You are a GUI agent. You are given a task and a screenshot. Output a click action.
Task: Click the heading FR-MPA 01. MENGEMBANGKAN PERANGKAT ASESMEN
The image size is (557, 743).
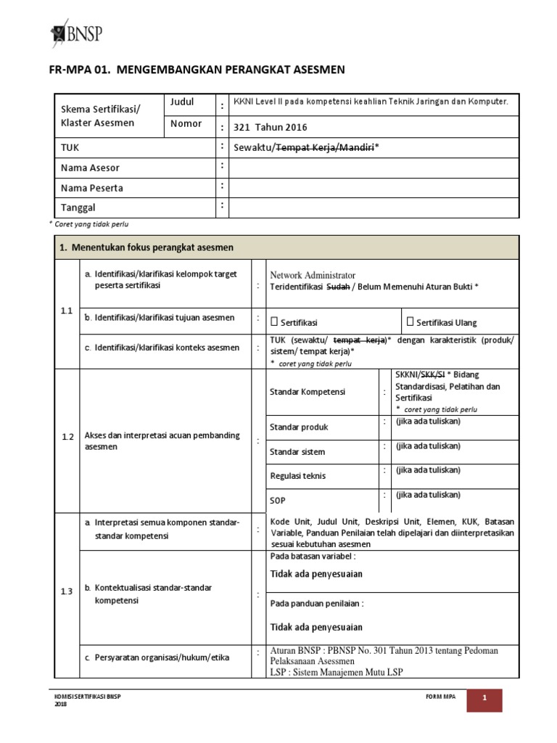[x=197, y=70]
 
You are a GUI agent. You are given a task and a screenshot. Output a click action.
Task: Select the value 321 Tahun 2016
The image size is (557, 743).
[x=270, y=127]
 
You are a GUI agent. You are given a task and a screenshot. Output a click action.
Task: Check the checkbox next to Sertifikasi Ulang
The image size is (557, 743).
[x=410, y=321]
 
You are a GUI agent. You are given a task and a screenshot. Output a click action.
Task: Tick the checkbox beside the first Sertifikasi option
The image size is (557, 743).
[x=275, y=321]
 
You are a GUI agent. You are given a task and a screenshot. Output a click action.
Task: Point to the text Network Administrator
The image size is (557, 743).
[x=313, y=275]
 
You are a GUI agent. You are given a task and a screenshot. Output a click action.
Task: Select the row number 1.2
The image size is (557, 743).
[x=67, y=437]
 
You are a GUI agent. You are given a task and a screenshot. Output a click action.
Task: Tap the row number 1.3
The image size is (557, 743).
[x=67, y=591]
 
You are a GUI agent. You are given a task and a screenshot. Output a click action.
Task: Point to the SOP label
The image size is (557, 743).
[x=278, y=501]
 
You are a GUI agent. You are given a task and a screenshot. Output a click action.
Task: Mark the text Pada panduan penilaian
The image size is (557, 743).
[x=317, y=603]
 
